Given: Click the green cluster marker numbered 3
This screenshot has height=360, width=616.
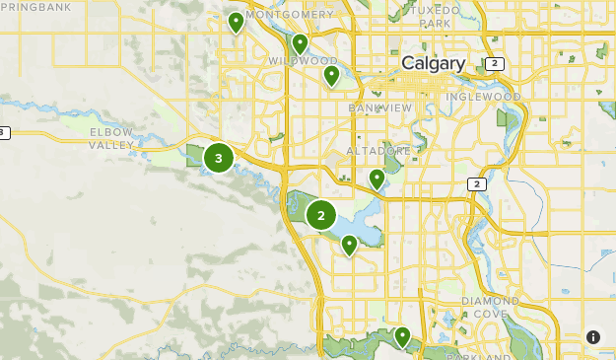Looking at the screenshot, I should (x=218, y=157).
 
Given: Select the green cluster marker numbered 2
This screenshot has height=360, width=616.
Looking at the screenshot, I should (x=321, y=215).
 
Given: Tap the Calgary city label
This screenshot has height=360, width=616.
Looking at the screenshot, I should (x=433, y=63).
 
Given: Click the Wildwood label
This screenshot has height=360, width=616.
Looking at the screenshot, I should (x=303, y=61).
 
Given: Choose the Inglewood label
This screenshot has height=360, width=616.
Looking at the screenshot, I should (x=483, y=97).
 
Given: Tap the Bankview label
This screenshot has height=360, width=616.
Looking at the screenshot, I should (x=378, y=107).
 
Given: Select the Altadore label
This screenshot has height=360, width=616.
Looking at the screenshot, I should (x=378, y=151).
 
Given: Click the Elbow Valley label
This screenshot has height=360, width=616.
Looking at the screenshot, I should (x=110, y=138).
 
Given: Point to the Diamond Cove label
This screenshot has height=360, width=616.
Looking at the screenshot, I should (x=490, y=307).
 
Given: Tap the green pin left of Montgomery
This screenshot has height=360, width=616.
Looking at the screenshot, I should (x=236, y=22).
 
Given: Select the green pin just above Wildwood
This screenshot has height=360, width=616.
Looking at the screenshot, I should (x=300, y=43).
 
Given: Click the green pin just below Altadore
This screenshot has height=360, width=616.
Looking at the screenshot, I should (x=376, y=179).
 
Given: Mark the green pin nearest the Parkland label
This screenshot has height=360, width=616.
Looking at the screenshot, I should (x=402, y=336).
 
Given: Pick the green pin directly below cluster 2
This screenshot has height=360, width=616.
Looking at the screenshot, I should (x=349, y=245).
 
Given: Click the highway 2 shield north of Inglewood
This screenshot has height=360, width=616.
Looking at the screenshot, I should (x=495, y=64).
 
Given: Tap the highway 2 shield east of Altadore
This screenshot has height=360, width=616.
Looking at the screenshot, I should (x=477, y=183).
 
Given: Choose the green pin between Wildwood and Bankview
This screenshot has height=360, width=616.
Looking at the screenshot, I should (x=331, y=75).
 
